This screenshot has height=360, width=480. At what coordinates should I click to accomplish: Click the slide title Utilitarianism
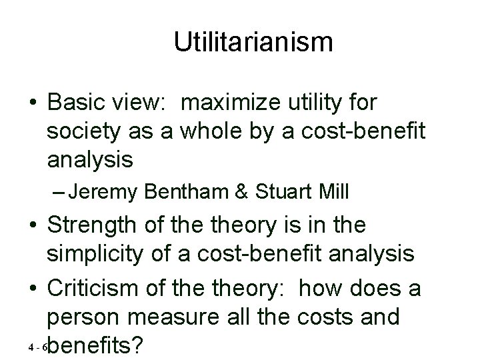click(x=253, y=42)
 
